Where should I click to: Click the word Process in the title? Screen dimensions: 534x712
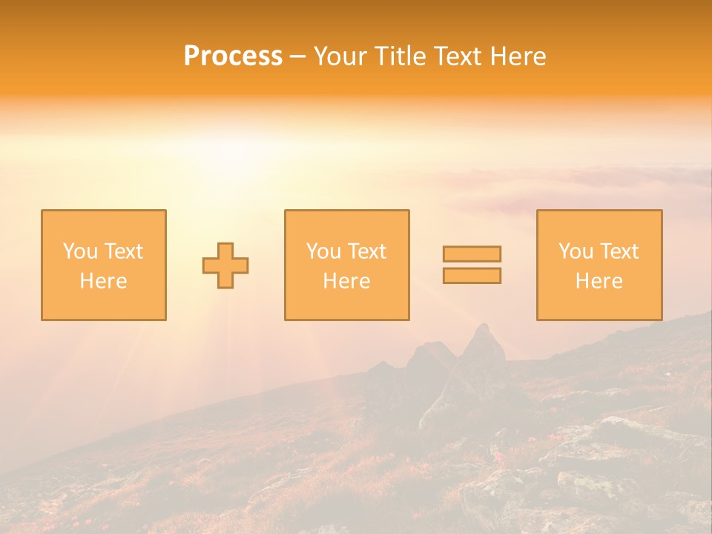(x=233, y=56)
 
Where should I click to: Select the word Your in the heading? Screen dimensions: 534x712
(x=340, y=56)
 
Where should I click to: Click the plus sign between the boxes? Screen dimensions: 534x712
(x=225, y=266)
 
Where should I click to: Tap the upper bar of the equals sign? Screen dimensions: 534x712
(x=472, y=254)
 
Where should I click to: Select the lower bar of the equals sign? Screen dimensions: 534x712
(x=472, y=276)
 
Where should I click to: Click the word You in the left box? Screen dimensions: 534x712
(x=79, y=251)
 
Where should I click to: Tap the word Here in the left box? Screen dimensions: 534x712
(x=103, y=281)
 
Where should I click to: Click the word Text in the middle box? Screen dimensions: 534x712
(x=366, y=251)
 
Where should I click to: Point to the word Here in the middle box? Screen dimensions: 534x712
(x=346, y=281)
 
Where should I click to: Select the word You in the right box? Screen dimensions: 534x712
(x=576, y=251)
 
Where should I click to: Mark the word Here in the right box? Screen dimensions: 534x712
(x=599, y=281)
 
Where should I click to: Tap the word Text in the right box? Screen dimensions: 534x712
(x=619, y=251)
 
